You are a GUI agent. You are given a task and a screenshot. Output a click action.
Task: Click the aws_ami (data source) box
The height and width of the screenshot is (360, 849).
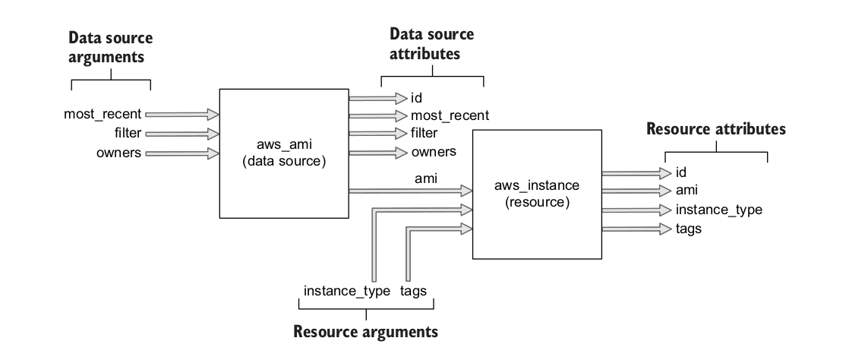[x=283, y=153]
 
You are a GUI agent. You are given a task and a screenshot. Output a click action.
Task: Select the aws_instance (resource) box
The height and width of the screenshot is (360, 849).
[x=537, y=194]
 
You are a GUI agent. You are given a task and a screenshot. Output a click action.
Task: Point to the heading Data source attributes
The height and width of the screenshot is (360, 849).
[x=431, y=44]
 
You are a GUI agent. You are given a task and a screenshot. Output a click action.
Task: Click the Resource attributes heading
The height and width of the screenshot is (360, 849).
[x=715, y=129]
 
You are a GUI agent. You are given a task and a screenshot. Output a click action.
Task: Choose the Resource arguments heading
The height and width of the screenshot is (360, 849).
[x=365, y=332]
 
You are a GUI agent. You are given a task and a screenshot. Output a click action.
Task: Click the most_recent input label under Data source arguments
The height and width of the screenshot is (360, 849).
[x=103, y=115]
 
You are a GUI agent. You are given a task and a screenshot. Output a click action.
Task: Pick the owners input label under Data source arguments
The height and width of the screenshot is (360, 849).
[x=118, y=153]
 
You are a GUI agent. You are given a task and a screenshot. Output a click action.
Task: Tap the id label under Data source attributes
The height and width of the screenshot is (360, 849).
[x=416, y=97]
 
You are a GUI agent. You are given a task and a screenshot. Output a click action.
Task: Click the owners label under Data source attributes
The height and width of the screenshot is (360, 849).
[x=434, y=152]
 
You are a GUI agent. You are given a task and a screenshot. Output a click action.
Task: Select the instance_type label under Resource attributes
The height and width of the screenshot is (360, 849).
[x=718, y=210]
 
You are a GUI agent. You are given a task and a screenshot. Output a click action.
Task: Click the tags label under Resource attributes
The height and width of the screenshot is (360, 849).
[x=688, y=228]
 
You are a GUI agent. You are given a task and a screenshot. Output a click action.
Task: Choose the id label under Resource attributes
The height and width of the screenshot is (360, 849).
[x=681, y=172]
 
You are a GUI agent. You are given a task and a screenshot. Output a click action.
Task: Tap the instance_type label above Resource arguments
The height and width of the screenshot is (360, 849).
[x=346, y=292]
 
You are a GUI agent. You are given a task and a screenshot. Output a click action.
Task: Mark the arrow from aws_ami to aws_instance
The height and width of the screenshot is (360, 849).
[x=410, y=189]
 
